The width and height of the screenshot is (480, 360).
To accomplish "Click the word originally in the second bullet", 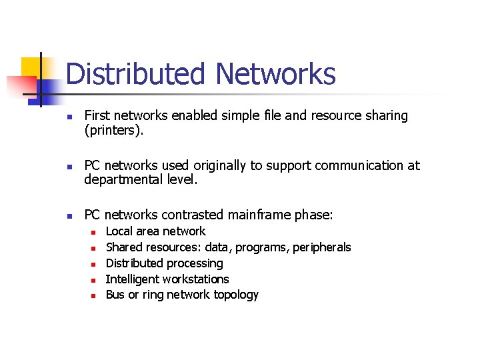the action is pyautogui.click(x=215, y=165).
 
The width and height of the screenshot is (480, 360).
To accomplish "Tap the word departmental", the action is pyautogui.click(x=125, y=180).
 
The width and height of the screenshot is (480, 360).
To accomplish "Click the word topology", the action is pyautogui.click(x=236, y=295).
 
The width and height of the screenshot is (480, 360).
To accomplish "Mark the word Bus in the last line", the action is pyautogui.click(x=115, y=295).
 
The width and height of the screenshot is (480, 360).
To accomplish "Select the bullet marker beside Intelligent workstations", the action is pyautogui.click(x=94, y=280).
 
